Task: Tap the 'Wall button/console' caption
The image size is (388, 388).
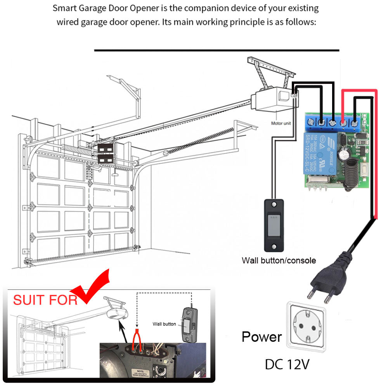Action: pos(279,260)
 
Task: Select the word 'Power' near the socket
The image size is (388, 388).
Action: pos(262,337)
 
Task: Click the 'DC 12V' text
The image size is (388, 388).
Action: pos(287,364)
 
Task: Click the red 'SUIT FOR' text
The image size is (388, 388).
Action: pos(45,300)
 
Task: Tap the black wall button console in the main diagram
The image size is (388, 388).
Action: pos(274,225)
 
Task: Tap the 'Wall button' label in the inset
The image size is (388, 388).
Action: pos(164,324)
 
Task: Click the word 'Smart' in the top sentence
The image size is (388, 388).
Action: pos(64,8)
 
